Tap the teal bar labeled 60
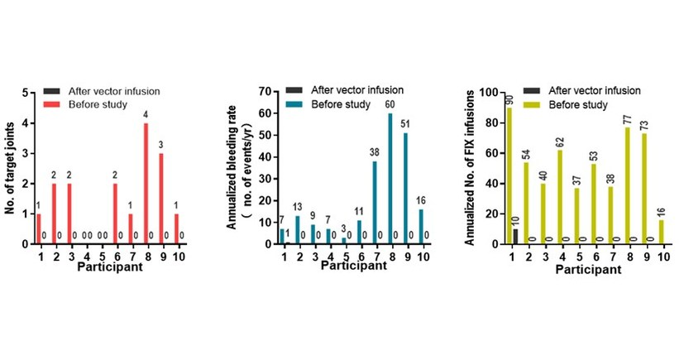point(390,179)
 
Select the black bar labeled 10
point(514,237)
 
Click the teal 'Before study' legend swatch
point(294,104)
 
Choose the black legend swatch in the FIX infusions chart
point(537,90)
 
